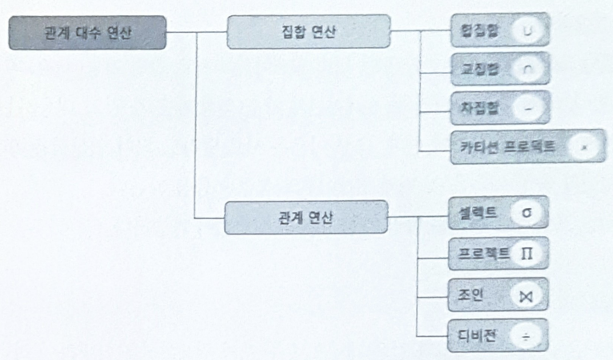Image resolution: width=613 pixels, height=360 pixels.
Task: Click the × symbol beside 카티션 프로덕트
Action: click(x=584, y=147)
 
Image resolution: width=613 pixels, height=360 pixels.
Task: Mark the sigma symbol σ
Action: click(x=526, y=214)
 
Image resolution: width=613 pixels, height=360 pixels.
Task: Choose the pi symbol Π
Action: click(x=527, y=254)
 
